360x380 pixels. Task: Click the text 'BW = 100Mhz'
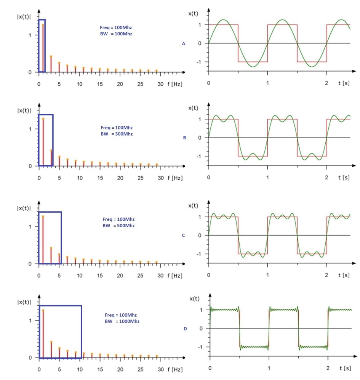[x=116, y=34]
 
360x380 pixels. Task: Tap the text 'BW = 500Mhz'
[x=118, y=226]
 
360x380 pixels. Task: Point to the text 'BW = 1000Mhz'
[x=122, y=321]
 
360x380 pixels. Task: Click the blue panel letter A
[x=183, y=44]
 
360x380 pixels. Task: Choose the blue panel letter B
[x=184, y=138]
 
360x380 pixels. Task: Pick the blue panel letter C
[x=183, y=235]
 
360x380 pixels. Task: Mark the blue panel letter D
[x=185, y=329]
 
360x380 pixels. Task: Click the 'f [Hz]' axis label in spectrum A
[x=175, y=84]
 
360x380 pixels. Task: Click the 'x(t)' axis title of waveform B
[x=194, y=108]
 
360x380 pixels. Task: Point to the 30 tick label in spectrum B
[x=161, y=178]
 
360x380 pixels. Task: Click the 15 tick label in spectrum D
[x=100, y=370]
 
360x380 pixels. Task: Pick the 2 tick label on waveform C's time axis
[x=326, y=275]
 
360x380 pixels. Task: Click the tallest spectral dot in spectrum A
[x=43, y=25]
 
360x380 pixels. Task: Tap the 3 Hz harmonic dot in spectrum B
[x=51, y=150]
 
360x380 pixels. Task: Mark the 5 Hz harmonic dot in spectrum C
[x=59, y=254]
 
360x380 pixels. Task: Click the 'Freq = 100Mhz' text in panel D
[x=120, y=315]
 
